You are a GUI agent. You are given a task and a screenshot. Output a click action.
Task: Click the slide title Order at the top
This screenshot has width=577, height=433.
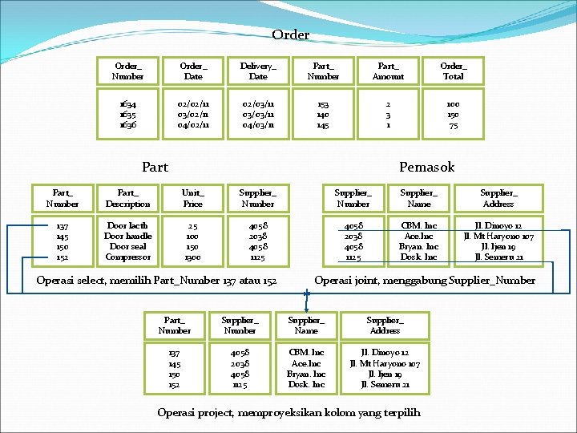(290, 35)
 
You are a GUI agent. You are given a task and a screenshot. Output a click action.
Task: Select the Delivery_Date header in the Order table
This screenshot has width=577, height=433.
(258, 71)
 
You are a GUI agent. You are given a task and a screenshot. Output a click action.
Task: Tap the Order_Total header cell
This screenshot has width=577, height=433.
(453, 71)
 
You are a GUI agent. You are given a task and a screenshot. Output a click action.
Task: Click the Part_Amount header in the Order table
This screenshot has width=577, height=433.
(388, 71)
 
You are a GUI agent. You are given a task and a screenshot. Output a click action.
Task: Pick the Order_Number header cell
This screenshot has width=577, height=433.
(128, 71)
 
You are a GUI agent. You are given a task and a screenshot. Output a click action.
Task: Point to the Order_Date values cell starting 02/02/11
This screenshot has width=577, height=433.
(193, 114)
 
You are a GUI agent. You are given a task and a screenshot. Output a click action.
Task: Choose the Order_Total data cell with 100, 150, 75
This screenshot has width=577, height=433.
(453, 114)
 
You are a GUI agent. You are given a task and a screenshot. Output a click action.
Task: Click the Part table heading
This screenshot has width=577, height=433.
(155, 167)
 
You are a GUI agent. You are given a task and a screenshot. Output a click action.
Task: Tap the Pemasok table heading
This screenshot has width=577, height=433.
(426, 167)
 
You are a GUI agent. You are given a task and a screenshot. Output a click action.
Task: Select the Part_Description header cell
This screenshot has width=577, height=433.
(127, 199)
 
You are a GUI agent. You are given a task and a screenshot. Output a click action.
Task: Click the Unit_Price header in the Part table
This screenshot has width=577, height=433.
(192, 199)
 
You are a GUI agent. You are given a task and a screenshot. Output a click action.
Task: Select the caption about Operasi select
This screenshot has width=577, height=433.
(157, 281)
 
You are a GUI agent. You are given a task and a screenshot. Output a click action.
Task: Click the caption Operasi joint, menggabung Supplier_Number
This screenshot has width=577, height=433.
(425, 281)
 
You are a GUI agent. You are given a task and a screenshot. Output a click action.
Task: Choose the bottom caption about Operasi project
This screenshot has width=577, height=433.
(288, 413)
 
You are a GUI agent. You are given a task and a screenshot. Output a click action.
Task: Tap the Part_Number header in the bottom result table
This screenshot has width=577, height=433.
(175, 324)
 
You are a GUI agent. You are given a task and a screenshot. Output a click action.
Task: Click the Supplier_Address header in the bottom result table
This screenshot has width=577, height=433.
(385, 324)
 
